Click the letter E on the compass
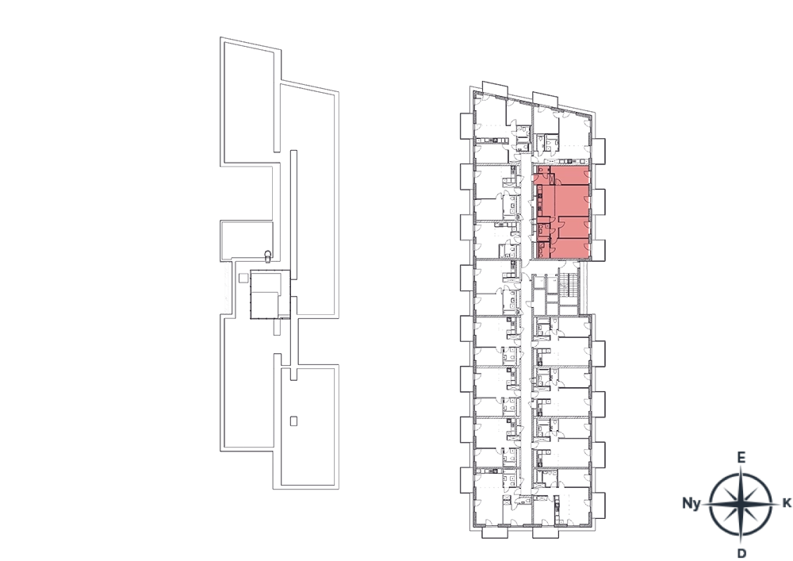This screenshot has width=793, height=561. tap(741, 458)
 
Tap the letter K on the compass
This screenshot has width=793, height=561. tap(787, 503)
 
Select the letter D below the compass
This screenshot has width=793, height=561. tap(741, 553)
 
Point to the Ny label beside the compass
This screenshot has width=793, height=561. tap(691, 503)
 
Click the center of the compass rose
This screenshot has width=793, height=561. tap(741, 504)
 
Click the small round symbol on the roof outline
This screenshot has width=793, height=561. tap(267, 255)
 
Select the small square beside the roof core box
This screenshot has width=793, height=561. tap(243, 278)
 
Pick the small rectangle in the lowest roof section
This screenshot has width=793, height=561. tap(293, 421)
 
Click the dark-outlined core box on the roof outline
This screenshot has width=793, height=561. tap(270, 294)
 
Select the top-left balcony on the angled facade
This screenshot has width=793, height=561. tap(494, 88)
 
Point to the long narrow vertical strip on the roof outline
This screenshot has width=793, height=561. tap(293, 258)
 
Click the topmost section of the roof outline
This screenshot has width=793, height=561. tap(251, 102)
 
